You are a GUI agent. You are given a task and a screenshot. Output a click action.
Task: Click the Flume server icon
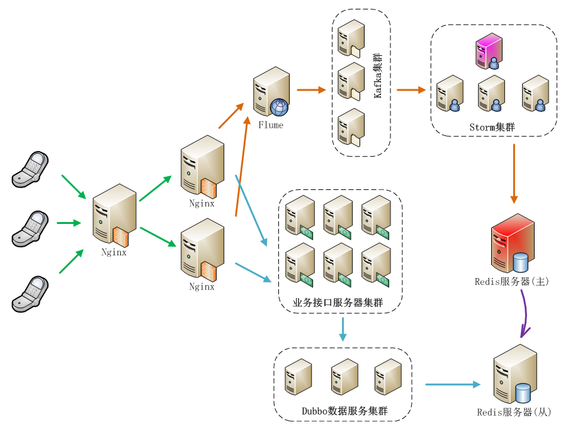[x=271, y=92]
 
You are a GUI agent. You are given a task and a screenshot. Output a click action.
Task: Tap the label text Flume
[x=271, y=125]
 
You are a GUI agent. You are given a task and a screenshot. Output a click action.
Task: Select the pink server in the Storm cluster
[x=489, y=51]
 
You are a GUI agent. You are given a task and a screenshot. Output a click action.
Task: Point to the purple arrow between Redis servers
[x=525, y=311]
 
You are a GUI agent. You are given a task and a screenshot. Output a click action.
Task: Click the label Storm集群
[x=492, y=127]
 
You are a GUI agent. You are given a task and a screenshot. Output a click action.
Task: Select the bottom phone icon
[x=30, y=294]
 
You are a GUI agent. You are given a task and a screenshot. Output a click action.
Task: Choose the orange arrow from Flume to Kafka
[x=311, y=90]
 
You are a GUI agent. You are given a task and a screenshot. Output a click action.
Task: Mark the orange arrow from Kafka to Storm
[x=411, y=90]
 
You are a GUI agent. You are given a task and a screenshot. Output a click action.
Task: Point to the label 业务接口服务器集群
[x=338, y=303]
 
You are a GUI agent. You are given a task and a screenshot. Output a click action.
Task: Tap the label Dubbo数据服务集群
[x=344, y=411]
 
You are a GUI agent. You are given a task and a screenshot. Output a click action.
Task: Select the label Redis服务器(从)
[x=514, y=413]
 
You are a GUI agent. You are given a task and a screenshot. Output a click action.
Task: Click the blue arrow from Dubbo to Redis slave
[x=453, y=384]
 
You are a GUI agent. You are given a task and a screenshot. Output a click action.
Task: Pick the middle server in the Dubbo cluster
[x=344, y=377]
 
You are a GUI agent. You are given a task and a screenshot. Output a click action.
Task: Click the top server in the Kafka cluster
[x=351, y=38]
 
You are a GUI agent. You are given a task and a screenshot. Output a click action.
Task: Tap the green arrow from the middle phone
[x=69, y=223]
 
